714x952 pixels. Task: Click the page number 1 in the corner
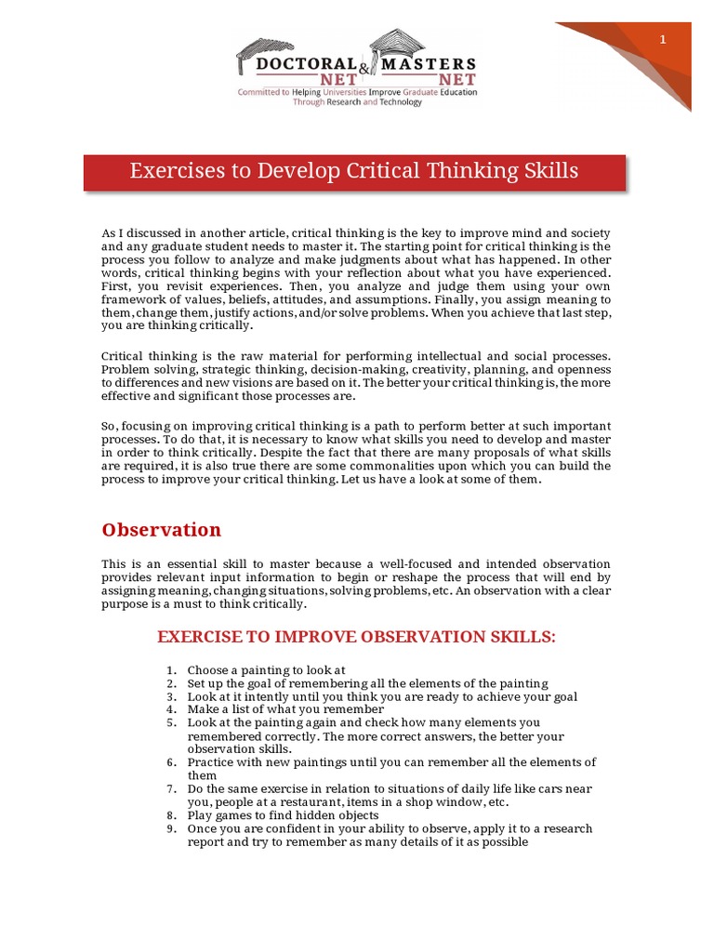(x=663, y=39)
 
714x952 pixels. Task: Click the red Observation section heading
(x=161, y=530)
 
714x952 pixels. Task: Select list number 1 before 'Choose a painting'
(x=171, y=670)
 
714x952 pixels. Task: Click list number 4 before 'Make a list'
(x=171, y=709)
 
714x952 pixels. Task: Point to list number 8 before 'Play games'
(x=171, y=815)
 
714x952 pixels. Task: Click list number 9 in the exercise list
(x=171, y=828)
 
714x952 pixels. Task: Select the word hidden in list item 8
(x=309, y=815)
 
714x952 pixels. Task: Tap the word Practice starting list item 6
(x=213, y=762)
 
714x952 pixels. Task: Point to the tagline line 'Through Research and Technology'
(x=357, y=102)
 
